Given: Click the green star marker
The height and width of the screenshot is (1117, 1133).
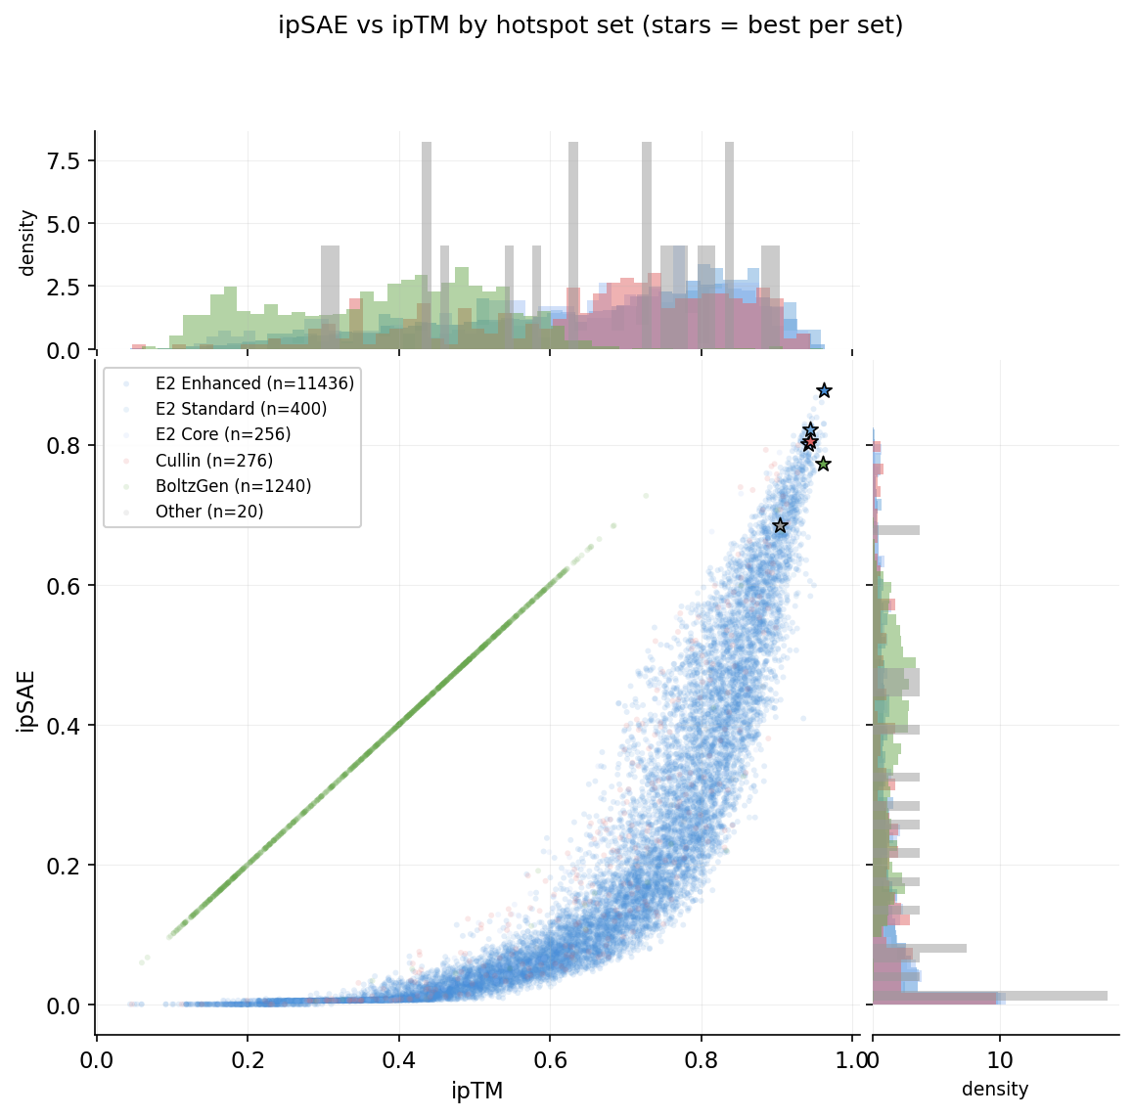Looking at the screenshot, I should pos(823,464).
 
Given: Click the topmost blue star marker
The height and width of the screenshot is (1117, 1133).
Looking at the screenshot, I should pos(824,390).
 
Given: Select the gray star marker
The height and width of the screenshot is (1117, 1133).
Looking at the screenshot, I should pos(780,525).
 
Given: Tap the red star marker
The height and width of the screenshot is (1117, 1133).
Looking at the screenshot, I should pos(809,443).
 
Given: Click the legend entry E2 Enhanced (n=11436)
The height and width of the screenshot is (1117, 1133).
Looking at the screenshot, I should pos(254,383).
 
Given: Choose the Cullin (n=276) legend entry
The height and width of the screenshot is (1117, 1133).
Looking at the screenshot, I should pos(213,461).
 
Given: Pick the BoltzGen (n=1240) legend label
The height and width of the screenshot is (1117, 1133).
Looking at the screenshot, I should pos(233,486).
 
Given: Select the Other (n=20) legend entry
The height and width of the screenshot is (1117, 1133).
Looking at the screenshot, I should pos(209,512).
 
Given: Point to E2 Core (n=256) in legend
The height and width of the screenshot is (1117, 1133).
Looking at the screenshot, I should pos(223,434).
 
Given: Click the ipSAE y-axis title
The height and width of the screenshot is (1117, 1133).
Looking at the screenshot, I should pos(26,700).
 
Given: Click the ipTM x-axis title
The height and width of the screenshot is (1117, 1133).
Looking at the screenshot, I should pos(476,1092).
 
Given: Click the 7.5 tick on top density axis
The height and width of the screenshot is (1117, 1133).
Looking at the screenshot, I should pos(67,160).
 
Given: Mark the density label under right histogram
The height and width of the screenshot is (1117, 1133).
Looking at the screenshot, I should pos(995,1090).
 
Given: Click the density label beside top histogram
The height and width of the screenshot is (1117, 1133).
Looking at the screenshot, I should pos(27,243).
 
